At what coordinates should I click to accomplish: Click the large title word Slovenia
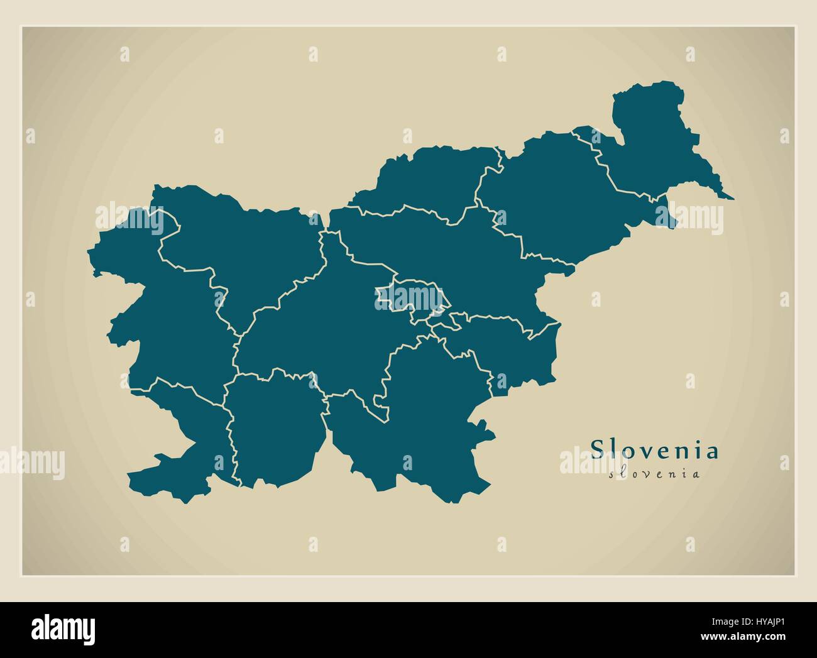click(654, 450)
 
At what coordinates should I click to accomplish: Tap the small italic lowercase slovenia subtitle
click(654, 474)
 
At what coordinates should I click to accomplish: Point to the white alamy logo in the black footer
click(63, 629)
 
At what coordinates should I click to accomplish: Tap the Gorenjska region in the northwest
click(251, 245)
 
